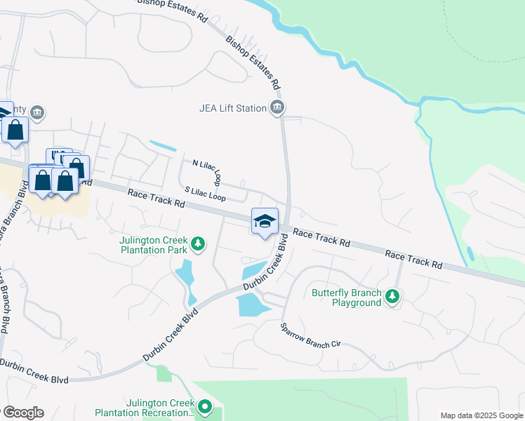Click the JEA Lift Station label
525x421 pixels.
[232, 108]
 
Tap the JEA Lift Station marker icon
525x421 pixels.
[278, 108]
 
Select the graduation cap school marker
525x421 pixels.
[265, 221]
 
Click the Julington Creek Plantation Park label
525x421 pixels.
[153, 243]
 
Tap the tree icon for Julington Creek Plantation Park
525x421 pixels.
[199, 243]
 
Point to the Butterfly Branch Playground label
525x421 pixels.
[347, 298]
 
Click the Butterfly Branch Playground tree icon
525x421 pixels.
[393, 298]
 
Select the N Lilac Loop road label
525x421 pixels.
[207, 171]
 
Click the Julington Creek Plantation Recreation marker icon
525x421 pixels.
[204, 406]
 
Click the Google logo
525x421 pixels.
[22, 413]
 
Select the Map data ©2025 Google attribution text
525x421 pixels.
[481, 415]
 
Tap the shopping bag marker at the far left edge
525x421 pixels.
[15, 131]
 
